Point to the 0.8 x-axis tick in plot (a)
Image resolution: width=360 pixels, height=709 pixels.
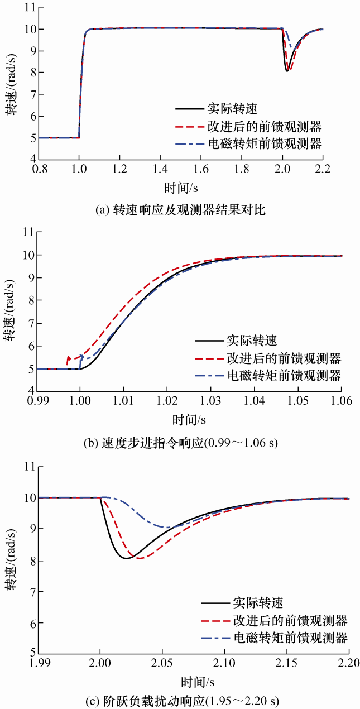(39, 168)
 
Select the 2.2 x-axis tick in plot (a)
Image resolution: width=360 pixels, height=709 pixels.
(323, 168)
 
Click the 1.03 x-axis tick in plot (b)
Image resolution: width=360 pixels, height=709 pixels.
(211, 400)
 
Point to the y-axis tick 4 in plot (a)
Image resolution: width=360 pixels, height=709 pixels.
(27, 159)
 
